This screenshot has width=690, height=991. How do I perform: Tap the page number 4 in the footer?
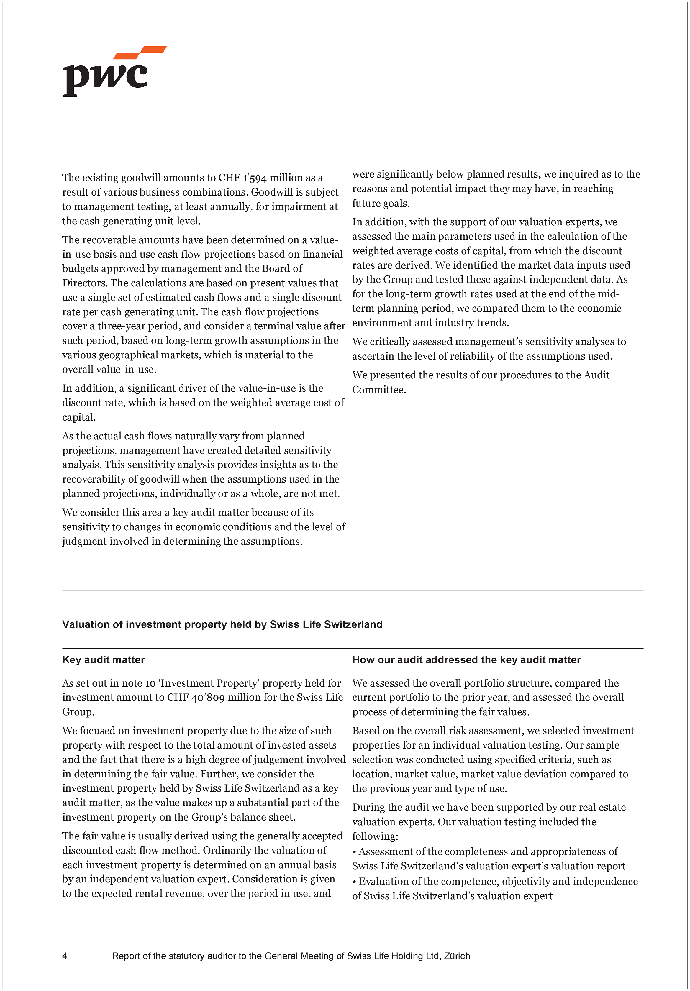[65, 956]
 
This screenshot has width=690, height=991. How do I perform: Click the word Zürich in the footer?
[457, 956]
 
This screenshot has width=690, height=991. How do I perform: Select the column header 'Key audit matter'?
[103, 660]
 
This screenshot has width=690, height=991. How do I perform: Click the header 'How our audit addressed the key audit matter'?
[466, 660]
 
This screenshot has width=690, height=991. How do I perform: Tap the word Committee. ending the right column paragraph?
[379, 390]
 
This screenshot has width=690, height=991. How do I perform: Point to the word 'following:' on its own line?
[375, 836]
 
